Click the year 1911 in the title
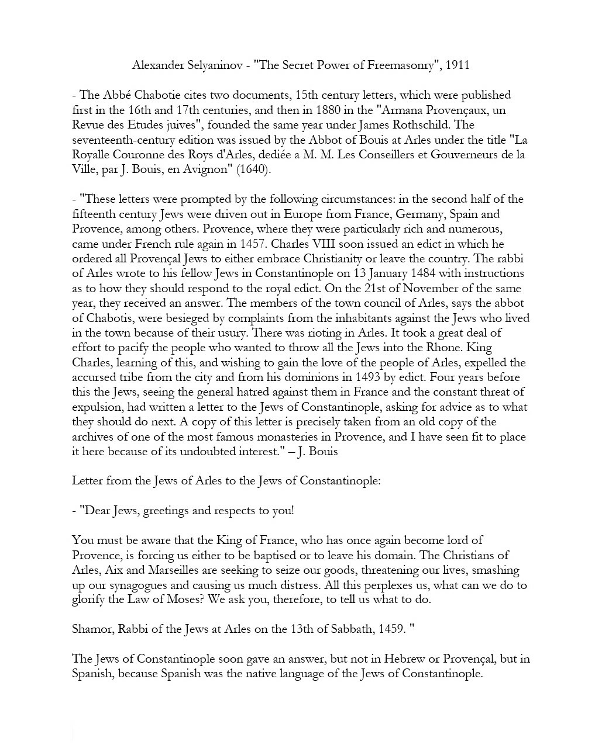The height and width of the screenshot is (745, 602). click(x=457, y=65)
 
